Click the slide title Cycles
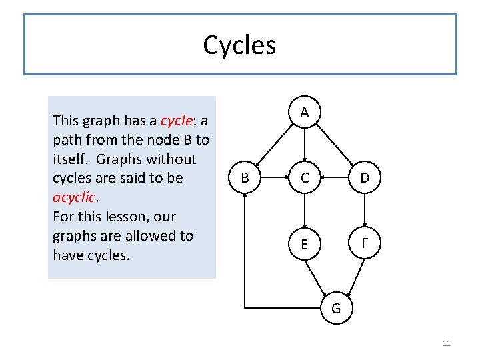239,45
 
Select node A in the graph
305,113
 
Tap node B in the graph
245,178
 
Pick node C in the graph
305,178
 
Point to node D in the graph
365,178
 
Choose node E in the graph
305,245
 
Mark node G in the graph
335,309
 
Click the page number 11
447,343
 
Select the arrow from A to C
305,145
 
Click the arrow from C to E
305,211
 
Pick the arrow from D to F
365,211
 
